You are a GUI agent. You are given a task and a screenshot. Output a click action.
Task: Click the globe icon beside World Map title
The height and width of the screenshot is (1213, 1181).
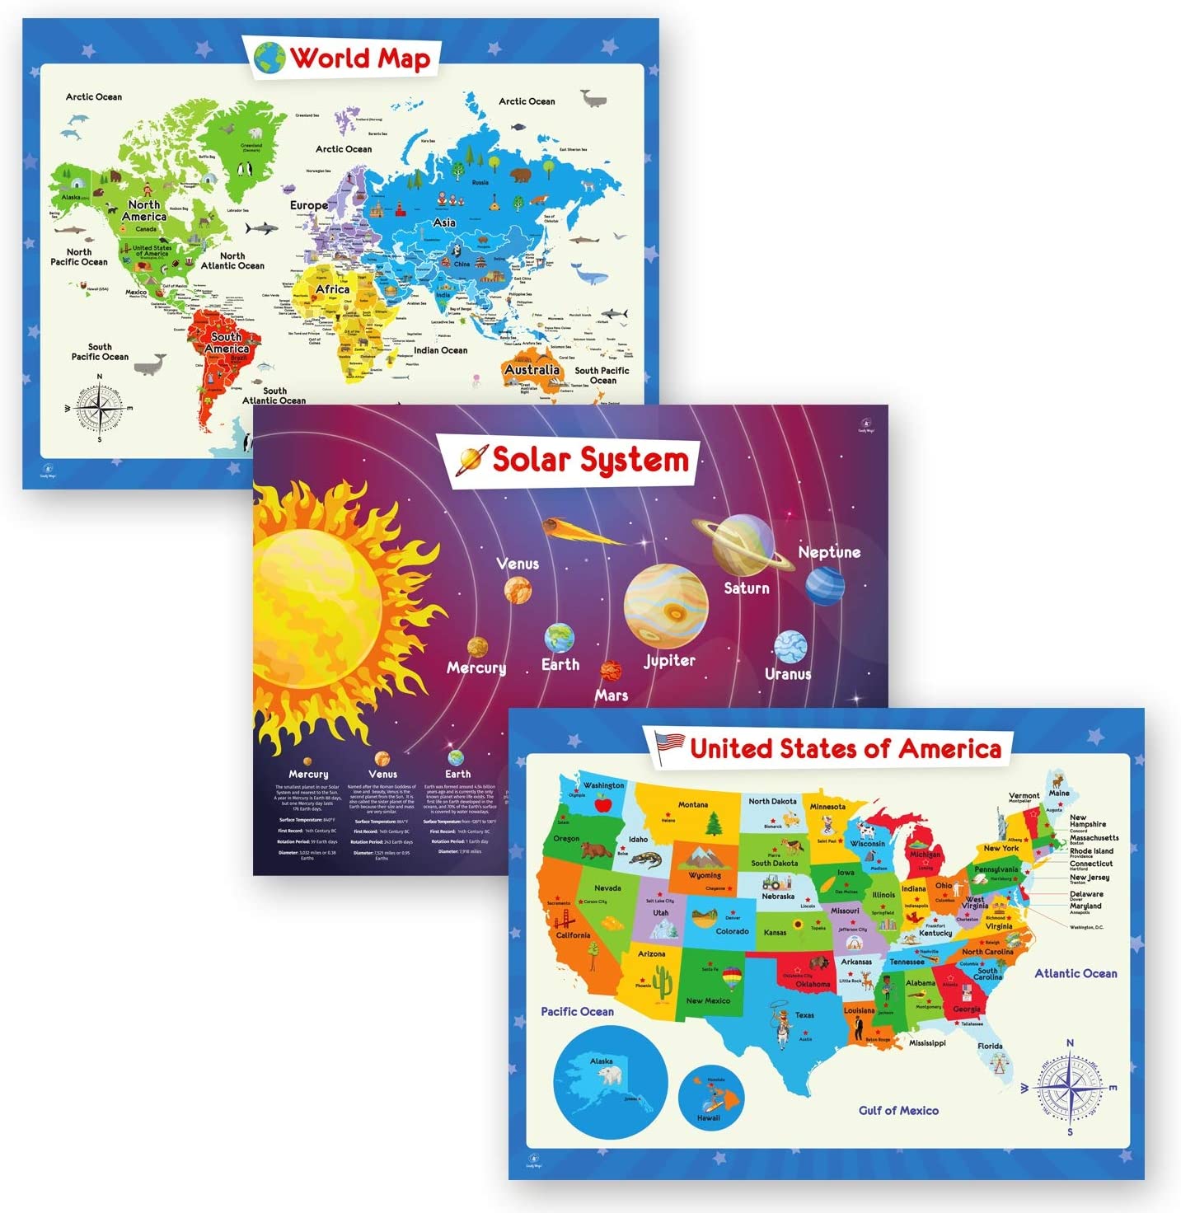pos(269,59)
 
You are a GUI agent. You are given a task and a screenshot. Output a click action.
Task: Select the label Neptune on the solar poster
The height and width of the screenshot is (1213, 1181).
pos(829,552)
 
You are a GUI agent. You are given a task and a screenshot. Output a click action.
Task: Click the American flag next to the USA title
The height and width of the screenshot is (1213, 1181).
pos(669,745)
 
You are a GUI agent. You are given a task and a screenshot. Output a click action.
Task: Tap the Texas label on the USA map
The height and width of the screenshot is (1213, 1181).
pos(804,1015)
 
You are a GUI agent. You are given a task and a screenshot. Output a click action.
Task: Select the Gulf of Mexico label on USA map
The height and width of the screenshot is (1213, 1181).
pos(898,1110)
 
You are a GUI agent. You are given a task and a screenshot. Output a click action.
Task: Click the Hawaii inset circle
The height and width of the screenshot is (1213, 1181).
pos(710,1098)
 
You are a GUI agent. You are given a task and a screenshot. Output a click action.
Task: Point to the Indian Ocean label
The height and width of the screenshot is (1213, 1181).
pos(441,350)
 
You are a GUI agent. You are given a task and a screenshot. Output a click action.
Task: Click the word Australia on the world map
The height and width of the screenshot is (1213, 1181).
pos(532,369)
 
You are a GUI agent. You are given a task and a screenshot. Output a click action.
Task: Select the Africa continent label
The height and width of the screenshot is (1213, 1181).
pos(333,289)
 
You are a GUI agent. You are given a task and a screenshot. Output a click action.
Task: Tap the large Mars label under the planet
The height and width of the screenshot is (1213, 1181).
pos(612,695)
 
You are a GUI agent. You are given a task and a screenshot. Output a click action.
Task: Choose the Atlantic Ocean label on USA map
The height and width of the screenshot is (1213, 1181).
pos(1076,973)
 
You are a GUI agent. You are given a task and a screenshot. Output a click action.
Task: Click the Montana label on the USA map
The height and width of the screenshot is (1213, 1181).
pos(693,804)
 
